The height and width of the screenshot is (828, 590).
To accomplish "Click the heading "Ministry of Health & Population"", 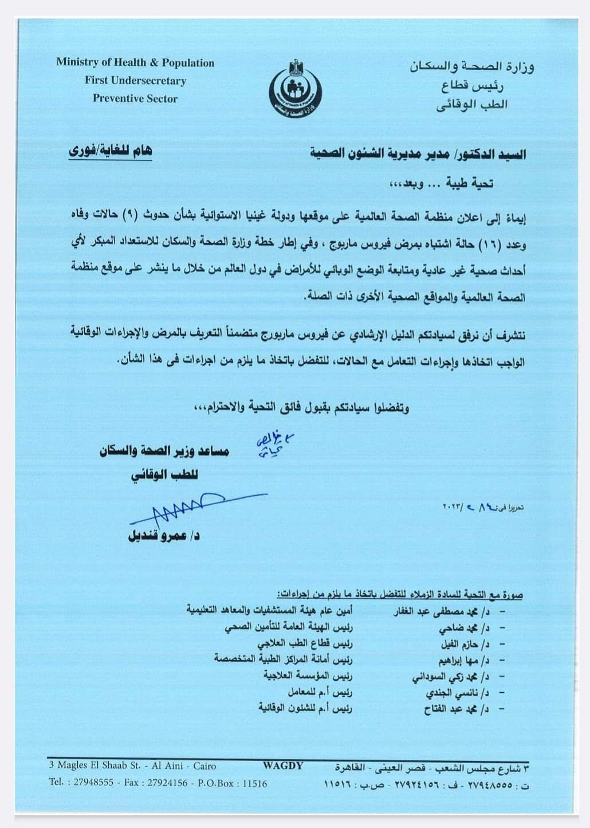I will click(135, 63).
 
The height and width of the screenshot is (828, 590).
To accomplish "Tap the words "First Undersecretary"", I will click(135, 81).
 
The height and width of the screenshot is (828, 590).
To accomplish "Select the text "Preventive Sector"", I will click(135, 99).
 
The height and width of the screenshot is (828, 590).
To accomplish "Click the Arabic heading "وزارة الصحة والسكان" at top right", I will click(471, 66).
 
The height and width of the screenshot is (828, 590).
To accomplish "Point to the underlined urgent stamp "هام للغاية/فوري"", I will click(111, 152).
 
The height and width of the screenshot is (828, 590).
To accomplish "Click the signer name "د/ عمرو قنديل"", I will click(164, 536).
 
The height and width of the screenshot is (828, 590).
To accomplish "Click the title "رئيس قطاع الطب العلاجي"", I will click(313, 644).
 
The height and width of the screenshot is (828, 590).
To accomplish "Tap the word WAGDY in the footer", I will click(283, 766).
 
